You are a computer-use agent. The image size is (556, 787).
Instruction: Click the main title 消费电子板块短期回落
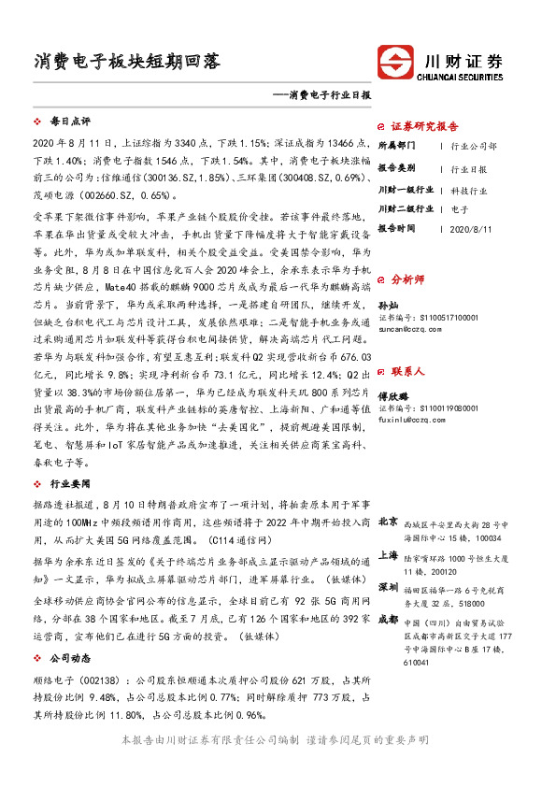[126, 63]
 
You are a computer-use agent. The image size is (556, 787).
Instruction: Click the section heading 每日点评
[69, 122]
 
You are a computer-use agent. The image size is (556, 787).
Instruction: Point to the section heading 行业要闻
[69, 484]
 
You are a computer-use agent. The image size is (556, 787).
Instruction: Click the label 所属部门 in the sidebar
[397, 147]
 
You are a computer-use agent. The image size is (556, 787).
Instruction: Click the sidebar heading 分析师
[407, 279]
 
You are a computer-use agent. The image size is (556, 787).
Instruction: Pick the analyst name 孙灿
[387, 306]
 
